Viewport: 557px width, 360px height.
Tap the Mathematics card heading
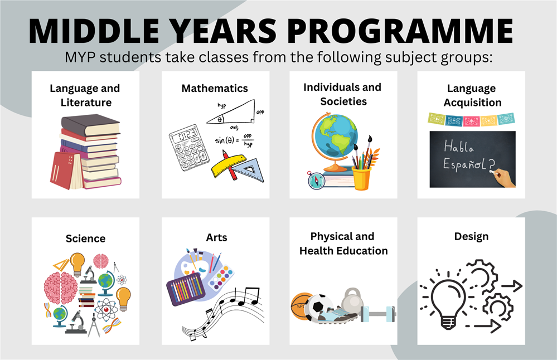point(215,88)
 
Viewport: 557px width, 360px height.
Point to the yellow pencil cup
point(361,177)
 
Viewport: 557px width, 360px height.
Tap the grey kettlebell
point(352,304)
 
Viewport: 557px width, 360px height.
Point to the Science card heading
point(85,239)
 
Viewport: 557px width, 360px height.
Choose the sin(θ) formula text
point(233,140)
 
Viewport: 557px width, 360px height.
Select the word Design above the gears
point(471,236)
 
